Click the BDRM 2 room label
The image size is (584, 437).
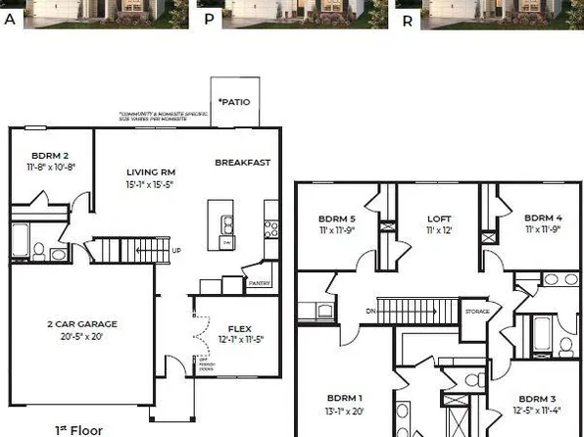point(49,155)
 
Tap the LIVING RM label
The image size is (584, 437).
point(150,172)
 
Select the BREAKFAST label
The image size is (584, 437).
point(243,163)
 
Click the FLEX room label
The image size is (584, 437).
point(240,328)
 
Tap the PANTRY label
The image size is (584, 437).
point(259,283)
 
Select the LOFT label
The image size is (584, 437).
point(437,218)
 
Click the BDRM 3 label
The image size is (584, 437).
point(536,399)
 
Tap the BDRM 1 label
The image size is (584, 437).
point(344,398)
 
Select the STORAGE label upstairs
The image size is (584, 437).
point(476,312)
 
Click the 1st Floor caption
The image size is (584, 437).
point(78,429)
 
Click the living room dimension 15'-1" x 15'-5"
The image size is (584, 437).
point(150,184)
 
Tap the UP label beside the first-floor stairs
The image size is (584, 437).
point(176,250)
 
